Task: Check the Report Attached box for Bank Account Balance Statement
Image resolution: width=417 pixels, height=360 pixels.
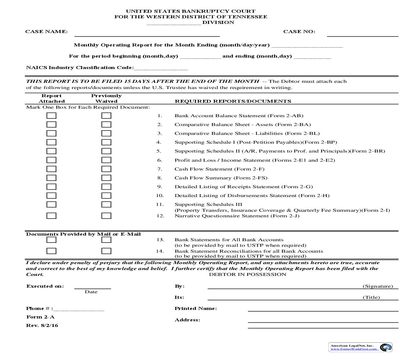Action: (x=51, y=116)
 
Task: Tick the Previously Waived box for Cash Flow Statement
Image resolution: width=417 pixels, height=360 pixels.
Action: (x=106, y=169)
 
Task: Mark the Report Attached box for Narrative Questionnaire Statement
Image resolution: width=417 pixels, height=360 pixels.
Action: (x=51, y=216)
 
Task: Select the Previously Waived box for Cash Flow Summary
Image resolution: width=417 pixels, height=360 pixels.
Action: (x=106, y=178)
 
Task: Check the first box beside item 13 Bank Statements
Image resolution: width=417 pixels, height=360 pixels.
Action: (x=51, y=240)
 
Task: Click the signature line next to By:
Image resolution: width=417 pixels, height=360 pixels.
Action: (x=285, y=286)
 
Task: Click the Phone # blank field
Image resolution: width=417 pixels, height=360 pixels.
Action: (x=79, y=309)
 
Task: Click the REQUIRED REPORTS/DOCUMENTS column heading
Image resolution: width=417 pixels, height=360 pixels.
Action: (x=233, y=101)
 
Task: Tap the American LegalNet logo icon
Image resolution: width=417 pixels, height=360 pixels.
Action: (x=386, y=347)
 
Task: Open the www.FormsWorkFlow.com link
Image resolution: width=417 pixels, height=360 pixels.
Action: (x=354, y=349)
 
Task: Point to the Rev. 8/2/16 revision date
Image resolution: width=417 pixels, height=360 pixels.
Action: (x=42, y=326)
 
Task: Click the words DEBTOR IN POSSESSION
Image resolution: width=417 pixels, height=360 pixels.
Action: (x=248, y=275)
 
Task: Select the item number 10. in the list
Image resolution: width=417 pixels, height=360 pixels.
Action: (x=160, y=196)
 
